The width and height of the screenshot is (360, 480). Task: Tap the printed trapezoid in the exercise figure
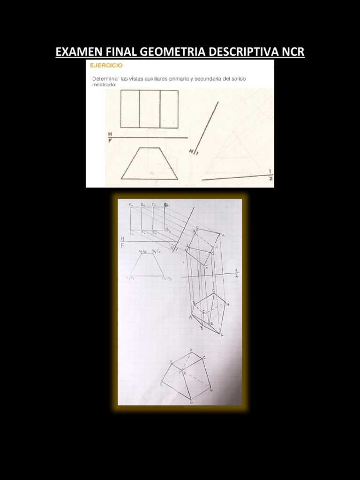(150, 164)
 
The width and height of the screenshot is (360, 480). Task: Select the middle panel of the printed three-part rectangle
(150, 109)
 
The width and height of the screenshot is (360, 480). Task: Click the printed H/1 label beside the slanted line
(194, 151)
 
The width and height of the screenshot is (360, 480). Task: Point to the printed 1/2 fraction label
(270, 174)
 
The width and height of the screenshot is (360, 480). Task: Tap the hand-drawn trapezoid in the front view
(147, 265)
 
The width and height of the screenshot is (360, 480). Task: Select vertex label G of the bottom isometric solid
(191, 402)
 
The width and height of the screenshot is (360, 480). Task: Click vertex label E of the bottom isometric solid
(161, 384)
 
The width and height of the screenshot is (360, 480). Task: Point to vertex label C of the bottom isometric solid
(204, 358)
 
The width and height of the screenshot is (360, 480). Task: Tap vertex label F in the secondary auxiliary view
(222, 335)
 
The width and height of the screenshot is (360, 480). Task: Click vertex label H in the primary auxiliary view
(223, 235)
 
